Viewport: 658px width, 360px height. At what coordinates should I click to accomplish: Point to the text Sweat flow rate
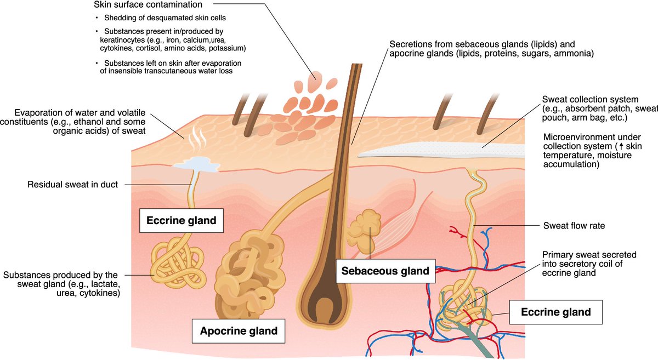(574, 225)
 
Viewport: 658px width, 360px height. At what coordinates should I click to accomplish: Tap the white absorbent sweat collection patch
(439, 149)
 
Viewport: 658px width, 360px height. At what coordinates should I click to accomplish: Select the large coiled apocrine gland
(241, 279)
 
